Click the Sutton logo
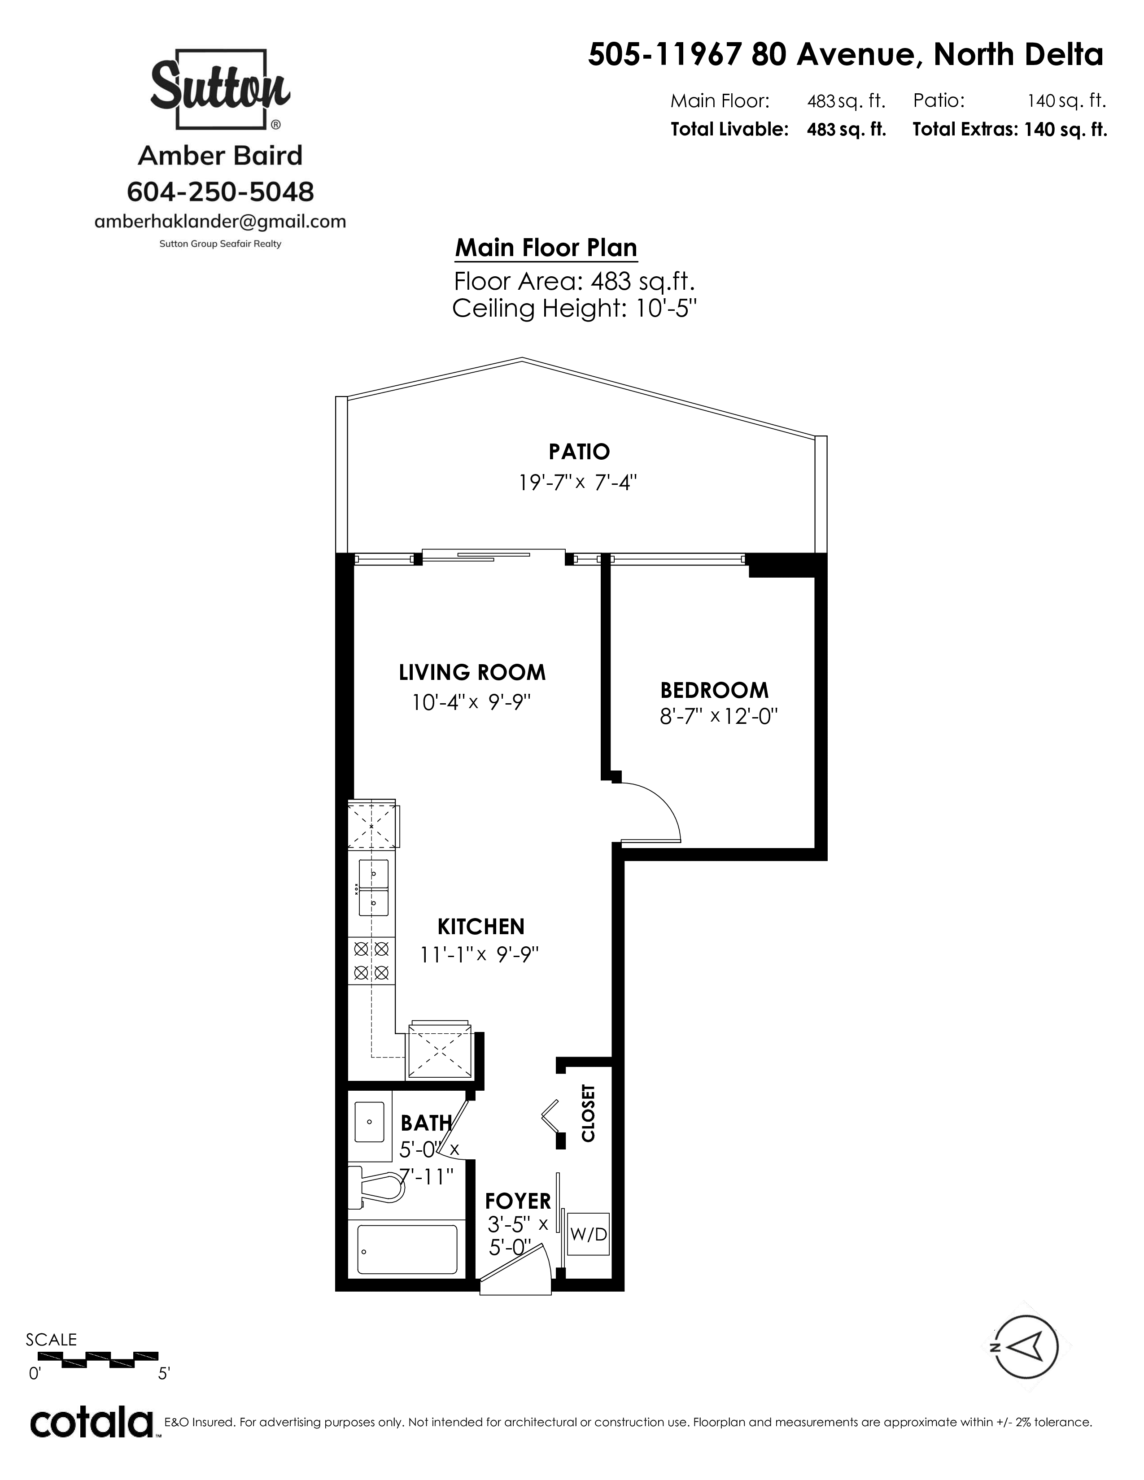pyautogui.click(x=220, y=89)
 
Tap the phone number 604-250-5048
pyautogui.click(x=220, y=192)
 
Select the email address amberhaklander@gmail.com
pyautogui.click(x=220, y=222)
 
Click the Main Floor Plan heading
pyautogui.click(x=546, y=248)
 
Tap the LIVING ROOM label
pyautogui.click(x=472, y=672)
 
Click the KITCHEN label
pyautogui.click(x=481, y=927)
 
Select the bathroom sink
pyautogui.click(x=370, y=1122)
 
